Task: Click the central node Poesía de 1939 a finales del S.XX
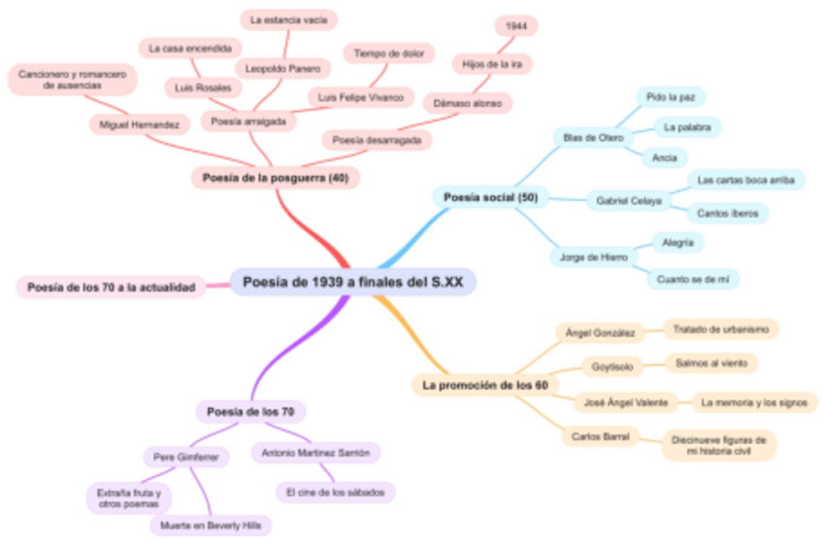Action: point(353,282)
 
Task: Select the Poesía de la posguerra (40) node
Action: point(276,177)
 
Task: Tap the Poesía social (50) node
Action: point(490,197)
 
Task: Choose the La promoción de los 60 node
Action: point(485,385)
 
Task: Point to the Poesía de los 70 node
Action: point(250,412)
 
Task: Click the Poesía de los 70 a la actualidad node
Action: point(112,287)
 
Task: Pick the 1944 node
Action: point(516,26)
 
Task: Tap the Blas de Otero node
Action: point(593,137)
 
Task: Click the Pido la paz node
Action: point(671,97)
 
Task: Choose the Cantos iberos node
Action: point(728,212)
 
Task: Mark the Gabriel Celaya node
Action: point(630,201)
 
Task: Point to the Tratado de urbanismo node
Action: point(721,329)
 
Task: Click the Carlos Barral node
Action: point(601,436)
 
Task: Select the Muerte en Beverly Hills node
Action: point(211,526)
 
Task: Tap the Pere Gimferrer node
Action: point(186,457)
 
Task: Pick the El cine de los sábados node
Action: point(335,493)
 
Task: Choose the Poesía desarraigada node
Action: point(378,140)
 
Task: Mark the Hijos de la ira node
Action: point(492,63)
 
